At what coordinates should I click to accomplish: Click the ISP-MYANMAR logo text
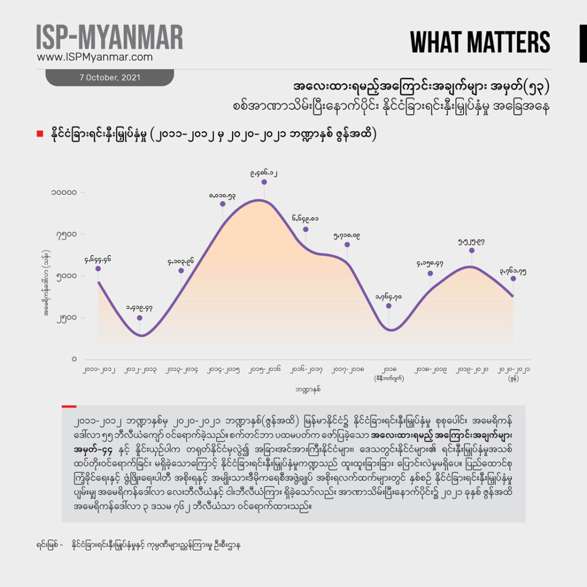point(109,37)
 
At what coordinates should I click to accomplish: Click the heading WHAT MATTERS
point(480,42)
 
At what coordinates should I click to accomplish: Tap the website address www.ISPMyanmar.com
point(95,57)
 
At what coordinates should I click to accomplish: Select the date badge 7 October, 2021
point(109,78)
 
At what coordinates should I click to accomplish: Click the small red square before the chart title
point(40,134)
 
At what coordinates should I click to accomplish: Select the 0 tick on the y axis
point(75,359)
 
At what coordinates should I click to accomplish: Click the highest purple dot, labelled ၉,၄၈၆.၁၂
point(264,182)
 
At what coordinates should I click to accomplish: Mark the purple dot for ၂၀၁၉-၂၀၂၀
point(472,251)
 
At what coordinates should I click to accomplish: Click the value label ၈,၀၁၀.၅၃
point(222,195)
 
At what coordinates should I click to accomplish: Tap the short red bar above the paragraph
point(69,406)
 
